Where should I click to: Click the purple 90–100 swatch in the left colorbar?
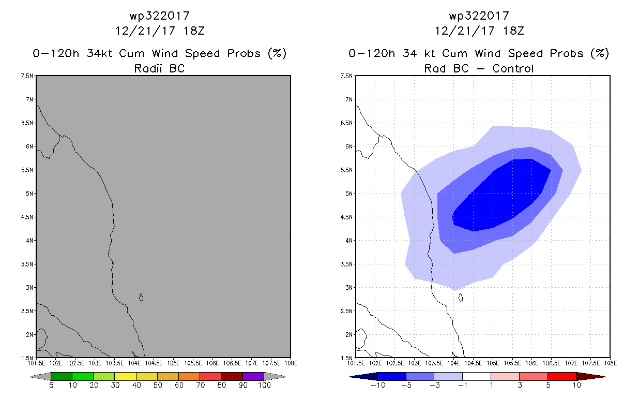click(253, 376)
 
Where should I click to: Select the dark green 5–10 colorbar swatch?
click(62, 376)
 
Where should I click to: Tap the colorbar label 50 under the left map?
click(158, 385)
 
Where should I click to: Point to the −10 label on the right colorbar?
click(378, 385)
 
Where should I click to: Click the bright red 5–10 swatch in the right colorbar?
click(562, 376)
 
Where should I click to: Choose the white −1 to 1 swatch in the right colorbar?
click(477, 376)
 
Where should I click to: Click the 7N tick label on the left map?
click(29, 99)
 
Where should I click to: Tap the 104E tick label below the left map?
click(134, 363)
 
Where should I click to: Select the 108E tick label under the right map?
click(611, 363)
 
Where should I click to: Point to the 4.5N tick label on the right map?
click(346, 217)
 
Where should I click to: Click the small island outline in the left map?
click(141, 298)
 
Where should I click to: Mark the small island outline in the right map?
click(461, 298)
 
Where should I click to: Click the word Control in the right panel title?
click(513, 69)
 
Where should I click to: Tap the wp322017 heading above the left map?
click(160, 16)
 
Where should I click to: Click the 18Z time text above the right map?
click(513, 31)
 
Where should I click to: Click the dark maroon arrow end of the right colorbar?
click(591, 377)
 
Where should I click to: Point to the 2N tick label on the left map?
click(29, 335)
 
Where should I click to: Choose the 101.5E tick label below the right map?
click(356, 363)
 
